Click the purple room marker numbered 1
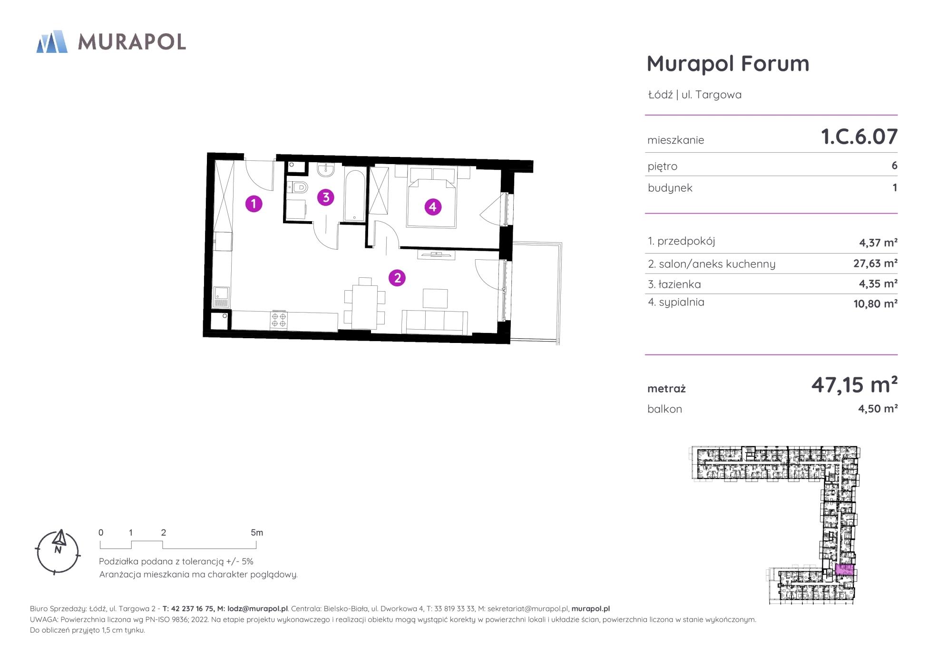[254, 204]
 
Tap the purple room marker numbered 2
[397, 278]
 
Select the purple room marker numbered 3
[326, 197]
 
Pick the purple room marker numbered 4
[432, 207]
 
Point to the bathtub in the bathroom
[354, 195]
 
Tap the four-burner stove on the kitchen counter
[279, 320]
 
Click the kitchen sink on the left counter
[222, 297]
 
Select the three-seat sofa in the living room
[435, 322]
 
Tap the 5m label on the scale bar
[257, 533]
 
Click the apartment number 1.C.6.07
[859, 137]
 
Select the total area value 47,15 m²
[854, 384]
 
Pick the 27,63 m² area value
[875, 263]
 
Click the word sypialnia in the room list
[682, 303]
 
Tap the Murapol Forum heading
[728, 64]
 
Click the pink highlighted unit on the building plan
[845, 569]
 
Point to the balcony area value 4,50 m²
[878, 409]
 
